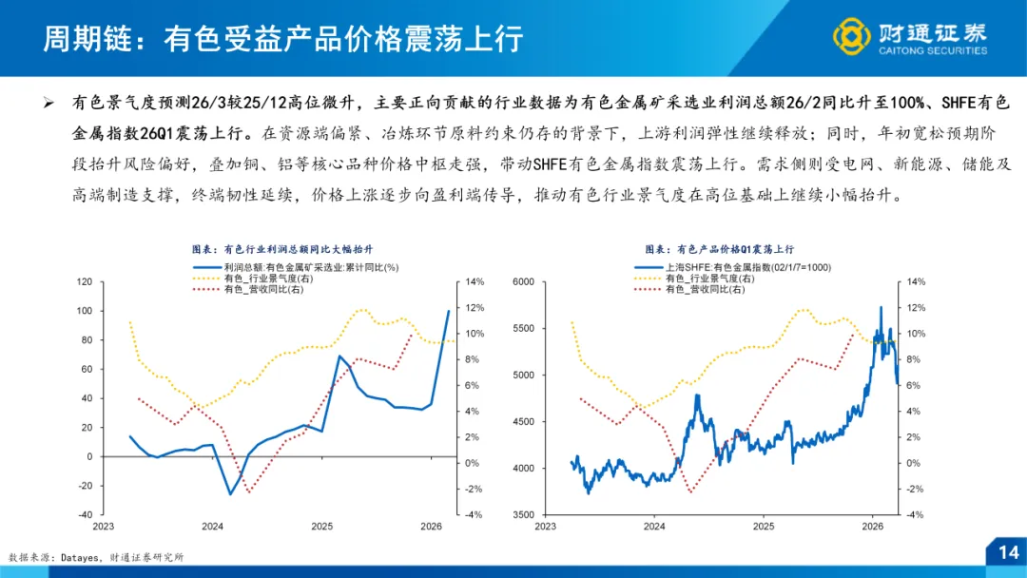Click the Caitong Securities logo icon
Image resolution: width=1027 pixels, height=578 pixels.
click(x=851, y=36)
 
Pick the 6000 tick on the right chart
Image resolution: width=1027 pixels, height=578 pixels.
click(x=524, y=282)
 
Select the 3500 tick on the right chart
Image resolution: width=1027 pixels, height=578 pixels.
click(x=524, y=514)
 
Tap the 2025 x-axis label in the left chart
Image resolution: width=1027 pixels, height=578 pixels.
click(x=321, y=526)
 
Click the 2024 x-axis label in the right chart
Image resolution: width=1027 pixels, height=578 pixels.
click(x=654, y=526)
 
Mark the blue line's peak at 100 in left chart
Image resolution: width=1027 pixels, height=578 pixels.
click(x=449, y=311)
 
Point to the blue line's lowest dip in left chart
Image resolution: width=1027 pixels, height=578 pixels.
click(x=230, y=493)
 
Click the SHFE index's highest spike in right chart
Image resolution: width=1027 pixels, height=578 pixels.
click(x=881, y=307)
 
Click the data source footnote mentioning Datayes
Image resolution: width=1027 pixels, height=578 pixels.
click(x=95, y=557)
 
